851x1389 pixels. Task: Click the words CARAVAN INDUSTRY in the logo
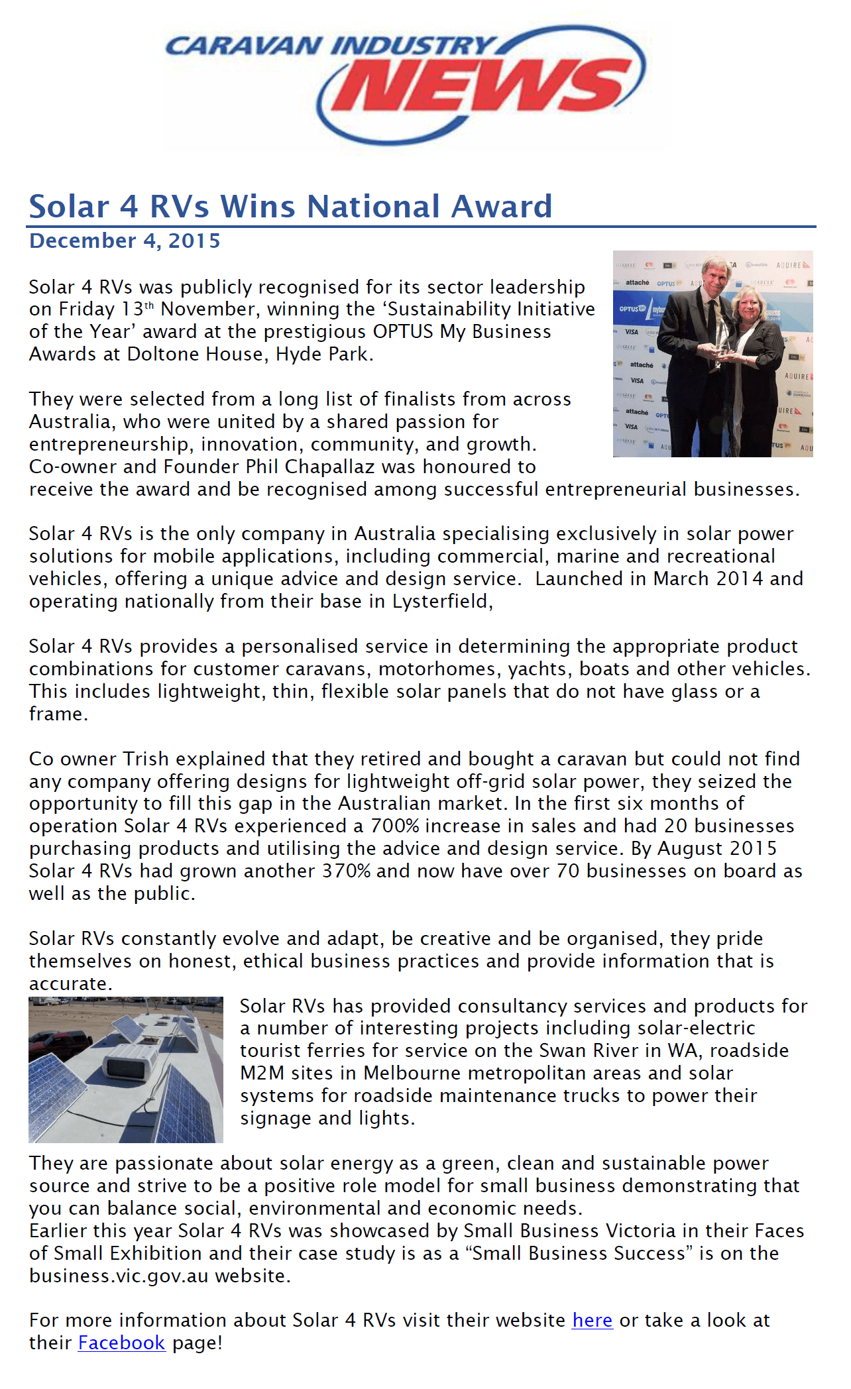pyautogui.click(x=328, y=46)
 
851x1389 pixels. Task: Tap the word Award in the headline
pyautogui.click(x=502, y=206)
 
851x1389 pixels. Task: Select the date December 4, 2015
pyautogui.click(x=125, y=241)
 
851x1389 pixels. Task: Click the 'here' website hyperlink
pyautogui.click(x=592, y=1320)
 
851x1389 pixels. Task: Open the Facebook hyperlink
pyautogui.click(x=121, y=1343)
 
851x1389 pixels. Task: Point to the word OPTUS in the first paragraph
pyautogui.click(x=402, y=331)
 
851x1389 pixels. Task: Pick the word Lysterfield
pyautogui.click(x=440, y=601)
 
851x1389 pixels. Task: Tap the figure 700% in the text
pyautogui.click(x=395, y=826)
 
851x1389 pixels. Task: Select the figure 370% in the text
pyautogui.click(x=346, y=871)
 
